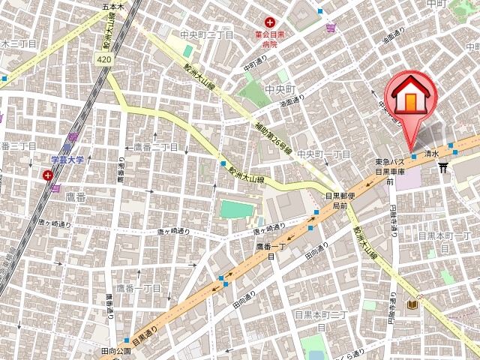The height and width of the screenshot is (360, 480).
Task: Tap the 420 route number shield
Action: point(105,58)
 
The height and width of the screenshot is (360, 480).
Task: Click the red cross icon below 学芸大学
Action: point(49,175)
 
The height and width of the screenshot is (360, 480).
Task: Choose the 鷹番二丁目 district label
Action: point(156,147)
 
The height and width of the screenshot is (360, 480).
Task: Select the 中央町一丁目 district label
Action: point(324,154)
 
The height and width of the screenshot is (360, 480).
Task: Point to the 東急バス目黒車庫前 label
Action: point(390,171)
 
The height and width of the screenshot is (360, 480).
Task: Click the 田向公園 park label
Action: point(115,350)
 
